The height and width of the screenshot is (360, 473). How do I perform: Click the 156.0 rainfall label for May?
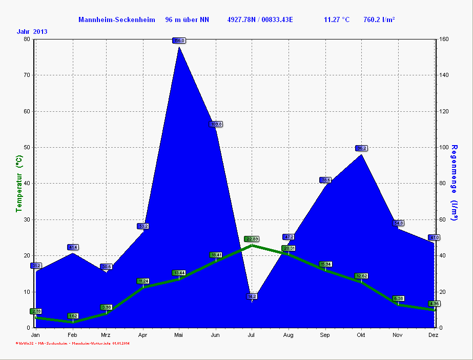click(179, 41)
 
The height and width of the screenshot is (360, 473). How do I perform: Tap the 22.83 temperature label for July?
click(252, 239)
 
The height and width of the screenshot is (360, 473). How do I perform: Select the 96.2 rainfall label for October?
click(361, 148)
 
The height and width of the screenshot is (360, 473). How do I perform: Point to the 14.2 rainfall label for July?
click(252, 296)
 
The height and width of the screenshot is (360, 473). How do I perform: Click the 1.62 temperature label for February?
click(72, 316)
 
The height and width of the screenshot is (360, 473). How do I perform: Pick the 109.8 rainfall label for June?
click(216, 124)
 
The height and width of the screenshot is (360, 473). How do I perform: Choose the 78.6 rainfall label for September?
click(325, 180)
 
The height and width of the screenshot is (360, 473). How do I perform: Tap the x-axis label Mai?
click(179, 335)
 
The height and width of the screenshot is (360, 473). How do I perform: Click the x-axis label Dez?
click(433, 335)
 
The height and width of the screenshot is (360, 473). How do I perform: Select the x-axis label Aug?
click(289, 335)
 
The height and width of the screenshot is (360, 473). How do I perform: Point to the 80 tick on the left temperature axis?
click(27, 39)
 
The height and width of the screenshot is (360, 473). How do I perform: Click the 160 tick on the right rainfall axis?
click(444, 39)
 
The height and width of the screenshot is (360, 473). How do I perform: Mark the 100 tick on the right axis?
click(444, 147)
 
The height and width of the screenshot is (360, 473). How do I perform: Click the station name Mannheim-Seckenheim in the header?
click(116, 20)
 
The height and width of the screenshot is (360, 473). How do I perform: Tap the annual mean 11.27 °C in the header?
click(337, 20)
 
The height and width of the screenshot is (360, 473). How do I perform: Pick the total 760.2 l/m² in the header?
click(379, 20)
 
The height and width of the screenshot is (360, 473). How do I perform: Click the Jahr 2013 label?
click(32, 31)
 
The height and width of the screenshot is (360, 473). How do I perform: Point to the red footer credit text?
click(72, 343)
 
